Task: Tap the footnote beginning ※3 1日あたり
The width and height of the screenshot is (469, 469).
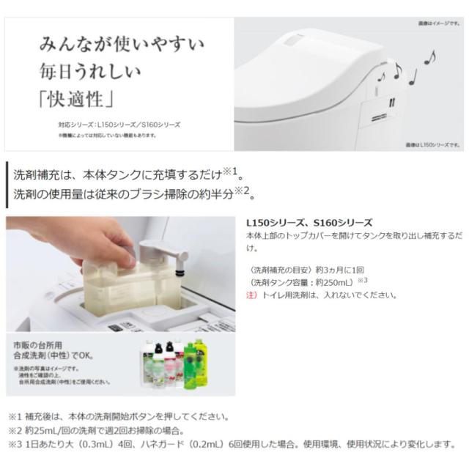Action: coord(234,444)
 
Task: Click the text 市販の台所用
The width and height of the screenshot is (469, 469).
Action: coord(37,344)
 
